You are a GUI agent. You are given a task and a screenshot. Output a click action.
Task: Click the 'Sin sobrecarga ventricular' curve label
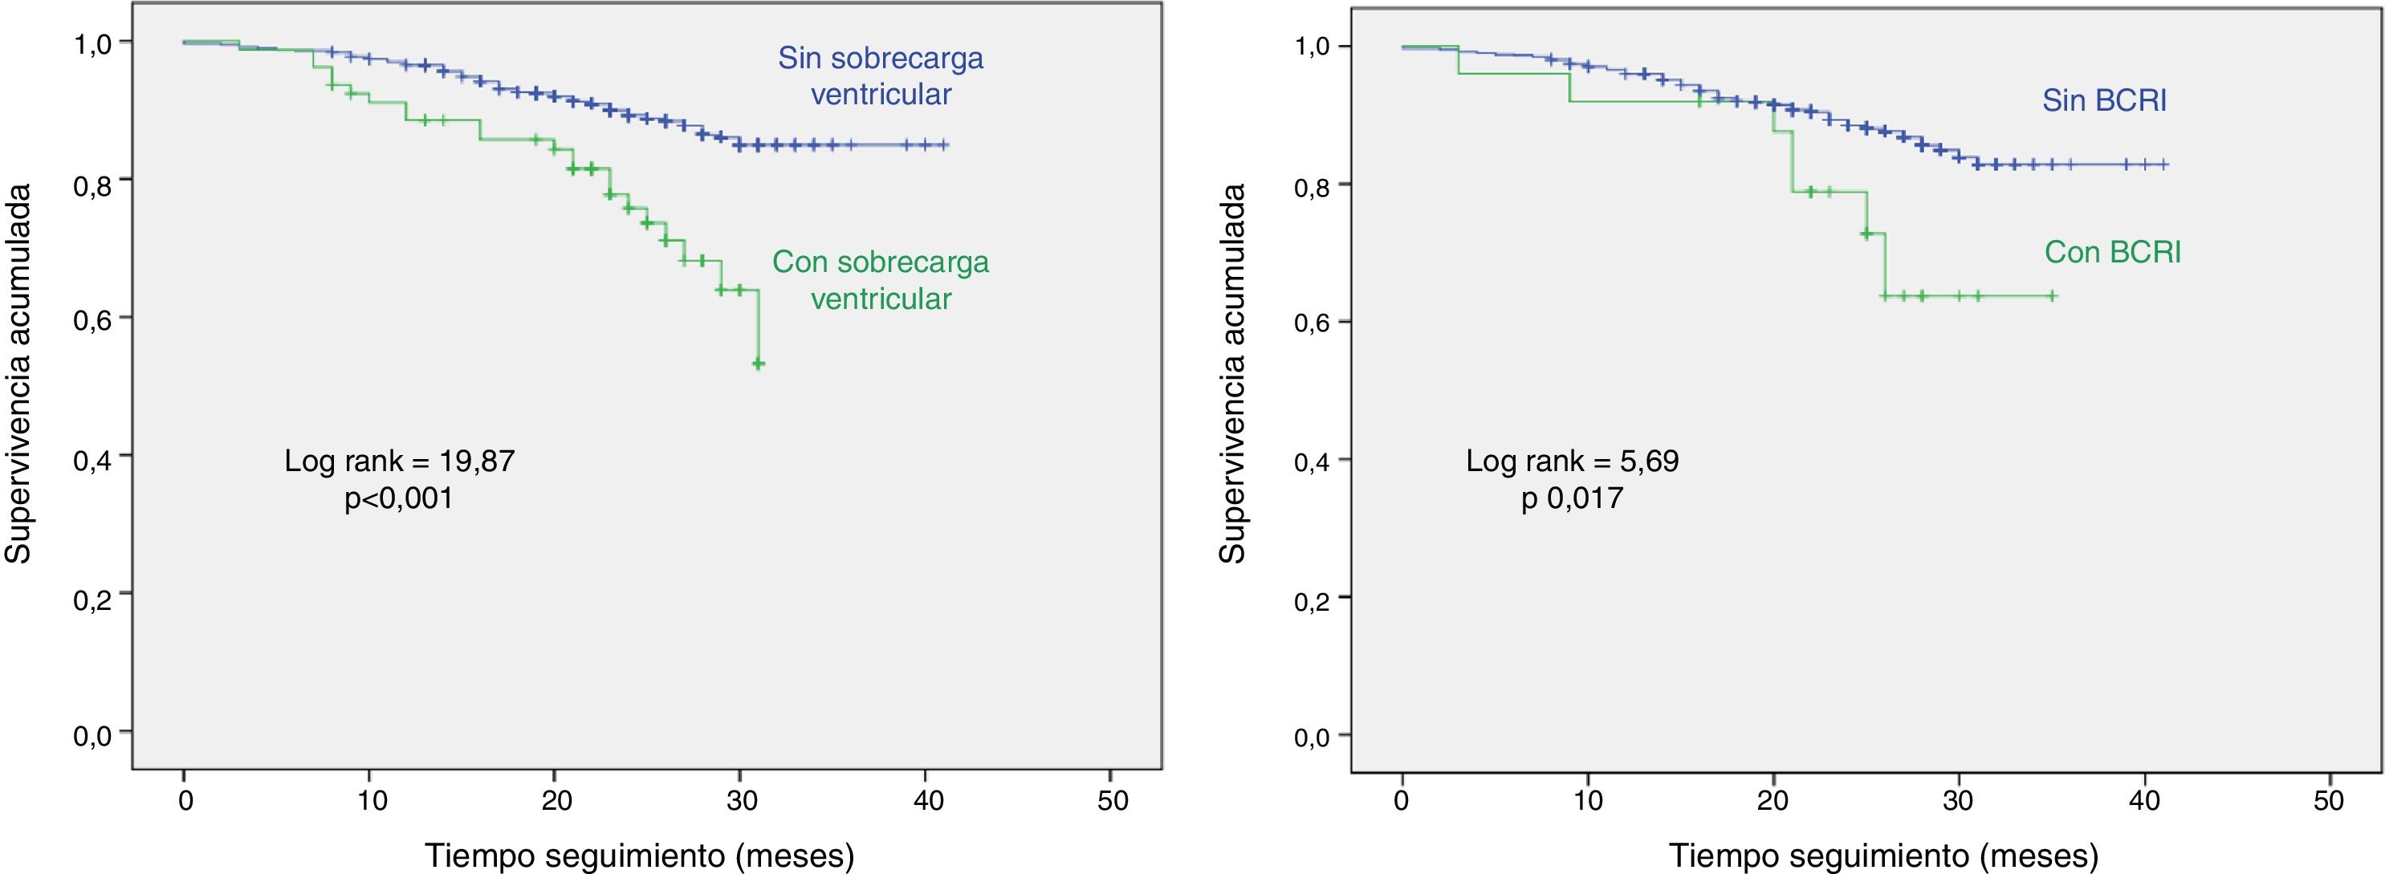coord(880,76)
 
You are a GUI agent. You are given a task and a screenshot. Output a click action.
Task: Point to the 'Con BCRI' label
coord(2112,252)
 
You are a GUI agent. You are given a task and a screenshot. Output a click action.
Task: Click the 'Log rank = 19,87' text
coord(399,460)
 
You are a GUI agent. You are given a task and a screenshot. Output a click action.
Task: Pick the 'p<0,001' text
coord(399,499)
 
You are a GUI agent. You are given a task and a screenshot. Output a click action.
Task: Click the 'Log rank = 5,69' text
coord(1571,460)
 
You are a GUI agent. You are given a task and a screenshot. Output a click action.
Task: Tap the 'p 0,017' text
coord(1571,498)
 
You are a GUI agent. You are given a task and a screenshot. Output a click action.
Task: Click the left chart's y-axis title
coord(18,374)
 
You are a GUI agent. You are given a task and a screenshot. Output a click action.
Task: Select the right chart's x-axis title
coord(1883,856)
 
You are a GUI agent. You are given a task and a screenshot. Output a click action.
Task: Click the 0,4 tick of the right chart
coord(1315,460)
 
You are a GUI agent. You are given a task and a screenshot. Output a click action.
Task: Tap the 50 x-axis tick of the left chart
coord(1112,800)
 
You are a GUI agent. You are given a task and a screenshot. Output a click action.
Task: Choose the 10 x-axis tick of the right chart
coord(1588,800)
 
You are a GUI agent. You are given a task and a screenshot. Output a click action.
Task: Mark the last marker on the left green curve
coord(759,364)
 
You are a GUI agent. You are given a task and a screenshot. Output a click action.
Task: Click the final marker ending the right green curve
coord(2052,296)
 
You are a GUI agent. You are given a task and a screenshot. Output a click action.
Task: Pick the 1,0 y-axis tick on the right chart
coord(1315,47)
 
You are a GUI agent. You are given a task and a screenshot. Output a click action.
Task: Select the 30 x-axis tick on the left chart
coord(742,800)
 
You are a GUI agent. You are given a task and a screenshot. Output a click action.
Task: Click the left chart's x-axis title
coord(639,856)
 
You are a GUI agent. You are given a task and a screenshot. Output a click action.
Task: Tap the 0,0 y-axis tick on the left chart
coord(95,736)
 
